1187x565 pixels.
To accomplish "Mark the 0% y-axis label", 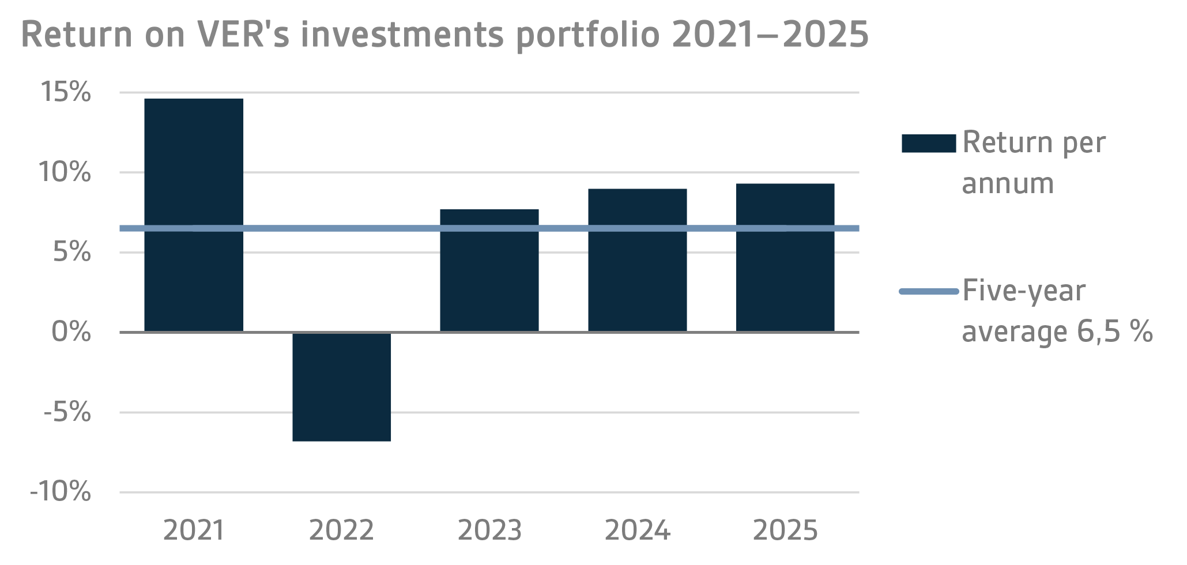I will [71, 332].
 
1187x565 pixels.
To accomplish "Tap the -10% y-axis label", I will [61, 492].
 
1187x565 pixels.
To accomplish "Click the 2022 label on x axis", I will [341, 530].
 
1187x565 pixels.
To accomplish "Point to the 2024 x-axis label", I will [637, 530].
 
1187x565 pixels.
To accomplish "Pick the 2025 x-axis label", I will [785, 530].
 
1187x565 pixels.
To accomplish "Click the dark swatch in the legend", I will [928, 144].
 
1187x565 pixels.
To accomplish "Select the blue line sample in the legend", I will [928, 292].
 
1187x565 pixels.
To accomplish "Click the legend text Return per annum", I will [1033, 163].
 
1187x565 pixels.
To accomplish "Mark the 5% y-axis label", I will [71, 253].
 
